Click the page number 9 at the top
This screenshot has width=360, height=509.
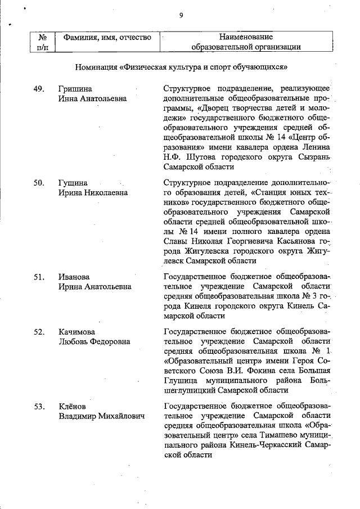181,16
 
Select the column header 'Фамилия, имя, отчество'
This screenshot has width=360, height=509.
107,38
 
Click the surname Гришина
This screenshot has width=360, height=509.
75,89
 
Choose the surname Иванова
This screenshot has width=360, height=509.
74,277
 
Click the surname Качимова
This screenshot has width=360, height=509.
77,332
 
